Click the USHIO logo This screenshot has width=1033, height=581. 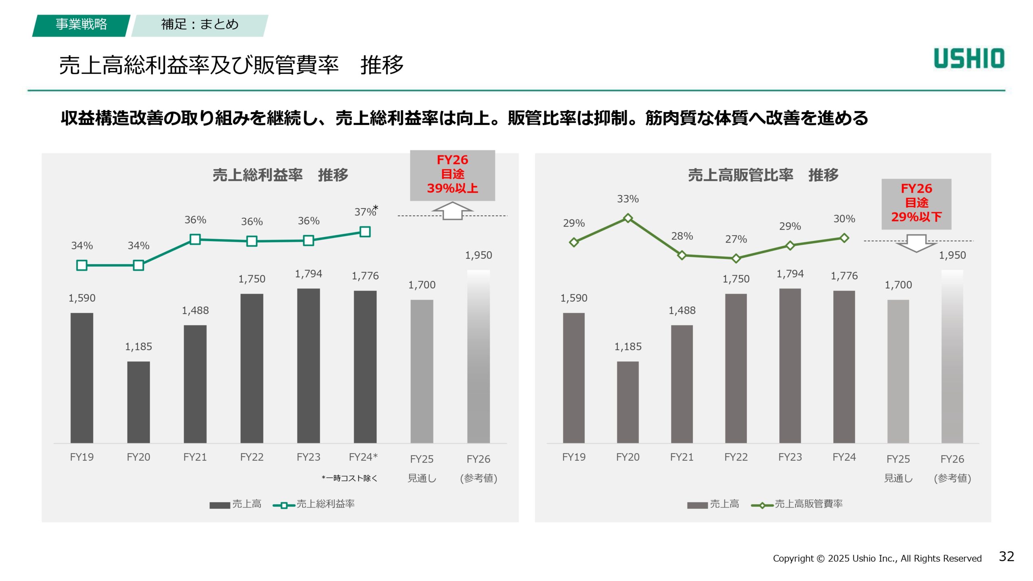pyautogui.click(x=969, y=59)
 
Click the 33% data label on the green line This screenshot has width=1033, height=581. pyautogui.click(x=627, y=199)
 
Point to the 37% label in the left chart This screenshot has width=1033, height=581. pyautogui.click(x=365, y=212)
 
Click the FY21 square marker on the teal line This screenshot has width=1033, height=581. pyautogui.click(x=195, y=239)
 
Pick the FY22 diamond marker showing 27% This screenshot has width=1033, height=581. pyautogui.click(x=736, y=258)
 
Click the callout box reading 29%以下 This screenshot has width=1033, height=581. pyautogui.click(x=916, y=204)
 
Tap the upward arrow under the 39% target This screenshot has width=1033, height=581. pyautogui.click(x=452, y=211)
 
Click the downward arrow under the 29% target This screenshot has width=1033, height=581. pyautogui.click(x=916, y=243)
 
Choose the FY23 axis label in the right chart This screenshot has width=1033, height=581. pyautogui.click(x=790, y=457)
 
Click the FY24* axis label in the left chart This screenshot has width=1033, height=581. pyautogui.click(x=363, y=457)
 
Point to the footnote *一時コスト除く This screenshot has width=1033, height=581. pyautogui.click(x=349, y=479)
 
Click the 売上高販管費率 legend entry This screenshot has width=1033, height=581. pyautogui.click(x=797, y=504)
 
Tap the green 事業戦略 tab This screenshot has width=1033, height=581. pyautogui.click(x=81, y=25)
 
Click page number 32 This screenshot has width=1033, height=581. pyautogui.click(x=1006, y=557)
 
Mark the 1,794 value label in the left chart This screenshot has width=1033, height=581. pyautogui.click(x=309, y=274)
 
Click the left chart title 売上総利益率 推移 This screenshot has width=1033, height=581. pyautogui.click(x=280, y=175)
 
